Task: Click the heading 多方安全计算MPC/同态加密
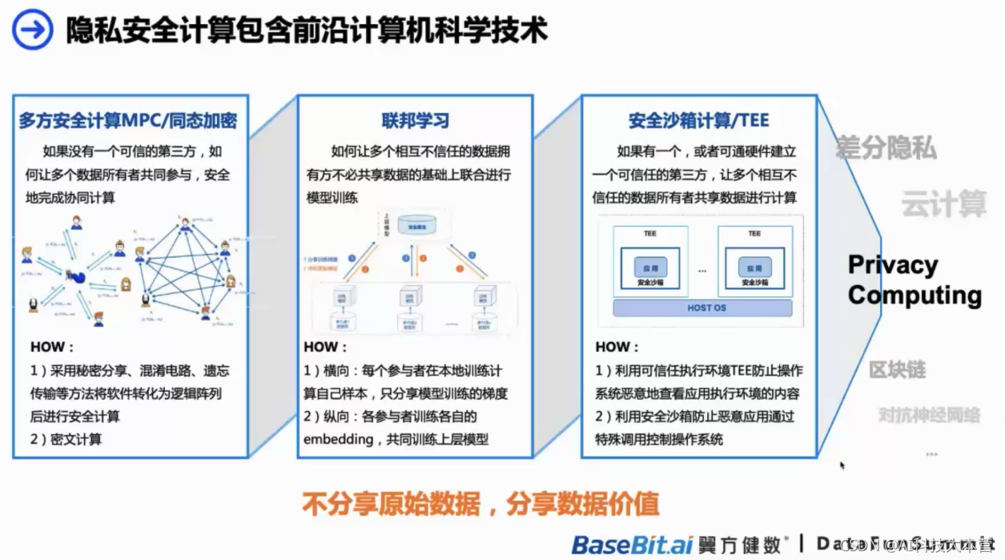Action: pyautogui.click(x=128, y=121)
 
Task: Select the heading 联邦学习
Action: pyautogui.click(x=415, y=121)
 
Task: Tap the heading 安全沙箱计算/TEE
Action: pyautogui.click(x=698, y=121)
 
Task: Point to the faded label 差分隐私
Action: pyautogui.click(x=886, y=148)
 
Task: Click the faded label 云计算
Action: pyautogui.click(x=943, y=203)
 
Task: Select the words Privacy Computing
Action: pyautogui.click(x=915, y=280)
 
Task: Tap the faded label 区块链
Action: pyautogui.click(x=897, y=369)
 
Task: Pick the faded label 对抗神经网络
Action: pyautogui.click(x=929, y=415)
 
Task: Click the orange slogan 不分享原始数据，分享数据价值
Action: pyautogui.click(x=480, y=504)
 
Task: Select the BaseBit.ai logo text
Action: pyautogui.click(x=631, y=545)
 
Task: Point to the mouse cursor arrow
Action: pyautogui.click(x=842, y=465)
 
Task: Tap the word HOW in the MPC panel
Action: pyautogui.click(x=51, y=348)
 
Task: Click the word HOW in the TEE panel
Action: pyautogui.click(x=617, y=348)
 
